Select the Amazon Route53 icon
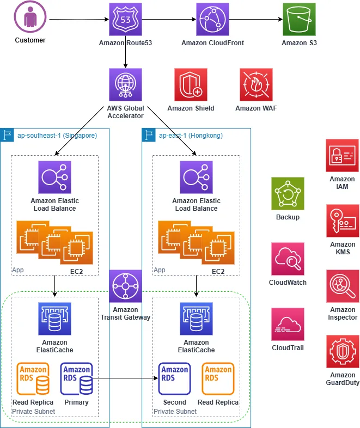click(x=125, y=20)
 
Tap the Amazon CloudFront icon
click(x=212, y=20)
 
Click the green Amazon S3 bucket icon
click(x=299, y=20)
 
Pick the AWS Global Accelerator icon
click(x=125, y=85)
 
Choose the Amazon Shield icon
click(x=191, y=85)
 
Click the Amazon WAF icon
click(x=256, y=85)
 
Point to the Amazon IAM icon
click(x=342, y=156)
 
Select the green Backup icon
click(x=288, y=194)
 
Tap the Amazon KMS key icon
click(x=342, y=221)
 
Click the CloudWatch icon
click(x=288, y=259)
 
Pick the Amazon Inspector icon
click(x=342, y=286)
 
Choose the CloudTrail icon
click(x=288, y=325)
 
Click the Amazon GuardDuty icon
click(x=342, y=352)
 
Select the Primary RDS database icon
click(x=77, y=378)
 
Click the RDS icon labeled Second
click(x=174, y=378)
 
